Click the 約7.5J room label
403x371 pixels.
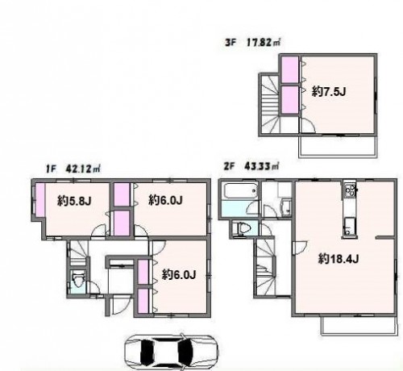pyautogui.click(x=329, y=92)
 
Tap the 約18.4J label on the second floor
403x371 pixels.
pyautogui.click(x=339, y=259)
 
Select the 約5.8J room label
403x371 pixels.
pyautogui.click(x=74, y=201)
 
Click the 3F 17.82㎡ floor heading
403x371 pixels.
pyautogui.click(x=252, y=43)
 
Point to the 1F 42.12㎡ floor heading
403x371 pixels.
pyautogui.click(x=73, y=169)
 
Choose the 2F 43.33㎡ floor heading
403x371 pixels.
pyautogui.click(x=251, y=166)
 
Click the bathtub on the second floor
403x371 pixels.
pyautogui.click(x=239, y=191)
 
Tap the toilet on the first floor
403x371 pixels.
pyautogui.click(x=78, y=281)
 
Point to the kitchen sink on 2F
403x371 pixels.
pyautogui.click(x=349, y=225)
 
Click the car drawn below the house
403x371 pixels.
pyautogui.click(x=171, y=352)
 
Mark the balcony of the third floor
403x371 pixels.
pyautogui.click(x=338, y=146)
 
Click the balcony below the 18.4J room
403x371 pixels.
pyautogui.click(x=359, y=326)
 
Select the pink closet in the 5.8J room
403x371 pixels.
pyautogui.click(x=40, y=199)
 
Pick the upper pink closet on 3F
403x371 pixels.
pyautogui.click(x=289, y=69)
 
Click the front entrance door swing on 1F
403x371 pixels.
pyautogui.click(x=120, y=304)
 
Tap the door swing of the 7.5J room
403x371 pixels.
pyautogui.click(x=308, y=126)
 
